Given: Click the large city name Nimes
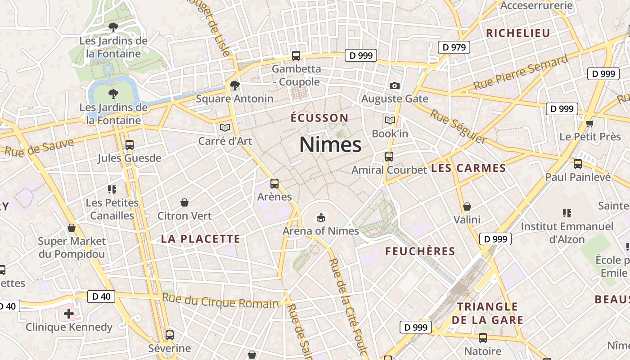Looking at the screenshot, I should pos(330,145).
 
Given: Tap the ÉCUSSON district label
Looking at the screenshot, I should pos(319,118).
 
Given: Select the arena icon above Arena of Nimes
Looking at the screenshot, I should pos(320,218).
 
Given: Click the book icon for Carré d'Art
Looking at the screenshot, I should pos(225,127).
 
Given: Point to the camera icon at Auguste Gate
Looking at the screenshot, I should pos(394,85).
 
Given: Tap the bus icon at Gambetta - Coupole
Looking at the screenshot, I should pos(296,56).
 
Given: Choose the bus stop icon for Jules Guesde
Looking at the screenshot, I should pos(130,145).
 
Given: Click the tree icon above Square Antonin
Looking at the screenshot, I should pos(234,85).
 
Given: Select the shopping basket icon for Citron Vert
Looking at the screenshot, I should pos(184,202).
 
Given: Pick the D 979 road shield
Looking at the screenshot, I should pos(454,47).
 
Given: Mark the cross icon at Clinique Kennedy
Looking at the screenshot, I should pos(69,313).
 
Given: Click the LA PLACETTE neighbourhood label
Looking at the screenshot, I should pos(201,239).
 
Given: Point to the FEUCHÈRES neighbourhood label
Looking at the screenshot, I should pos(420,251).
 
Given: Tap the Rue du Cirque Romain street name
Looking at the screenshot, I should pos(220,301).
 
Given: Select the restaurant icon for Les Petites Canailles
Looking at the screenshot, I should pos(112,189).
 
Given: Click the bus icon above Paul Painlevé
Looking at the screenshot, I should pos(578,164).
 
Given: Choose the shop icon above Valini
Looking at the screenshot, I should pos(467,207).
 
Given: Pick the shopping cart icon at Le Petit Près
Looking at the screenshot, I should pos(590,123).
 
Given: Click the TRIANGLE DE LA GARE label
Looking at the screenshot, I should pos(488,313).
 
